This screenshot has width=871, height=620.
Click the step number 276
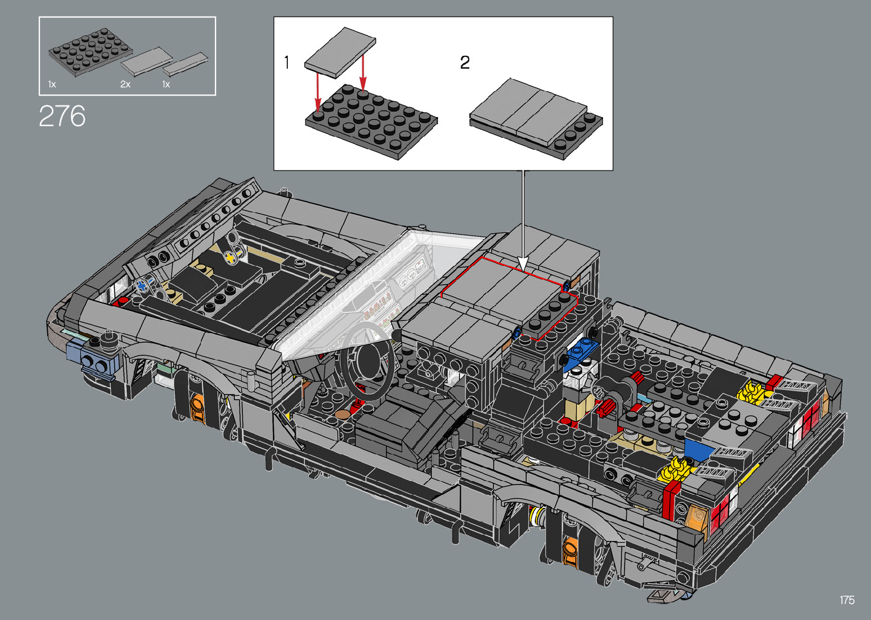(x=62, y=116)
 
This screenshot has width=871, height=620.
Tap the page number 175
(x=847, y=600)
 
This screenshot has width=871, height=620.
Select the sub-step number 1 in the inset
(x=287, y=62)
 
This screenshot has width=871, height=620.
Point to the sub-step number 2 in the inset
(x=465, y=62)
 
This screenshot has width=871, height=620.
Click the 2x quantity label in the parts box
(x=125, y=84)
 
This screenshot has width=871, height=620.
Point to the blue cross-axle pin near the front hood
(x=142, y=285)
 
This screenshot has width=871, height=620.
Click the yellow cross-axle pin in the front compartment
(x=230, y=258)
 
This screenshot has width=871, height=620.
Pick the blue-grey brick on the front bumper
(x=94, y=359)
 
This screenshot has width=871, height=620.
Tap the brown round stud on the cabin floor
(x=344, y=414)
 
